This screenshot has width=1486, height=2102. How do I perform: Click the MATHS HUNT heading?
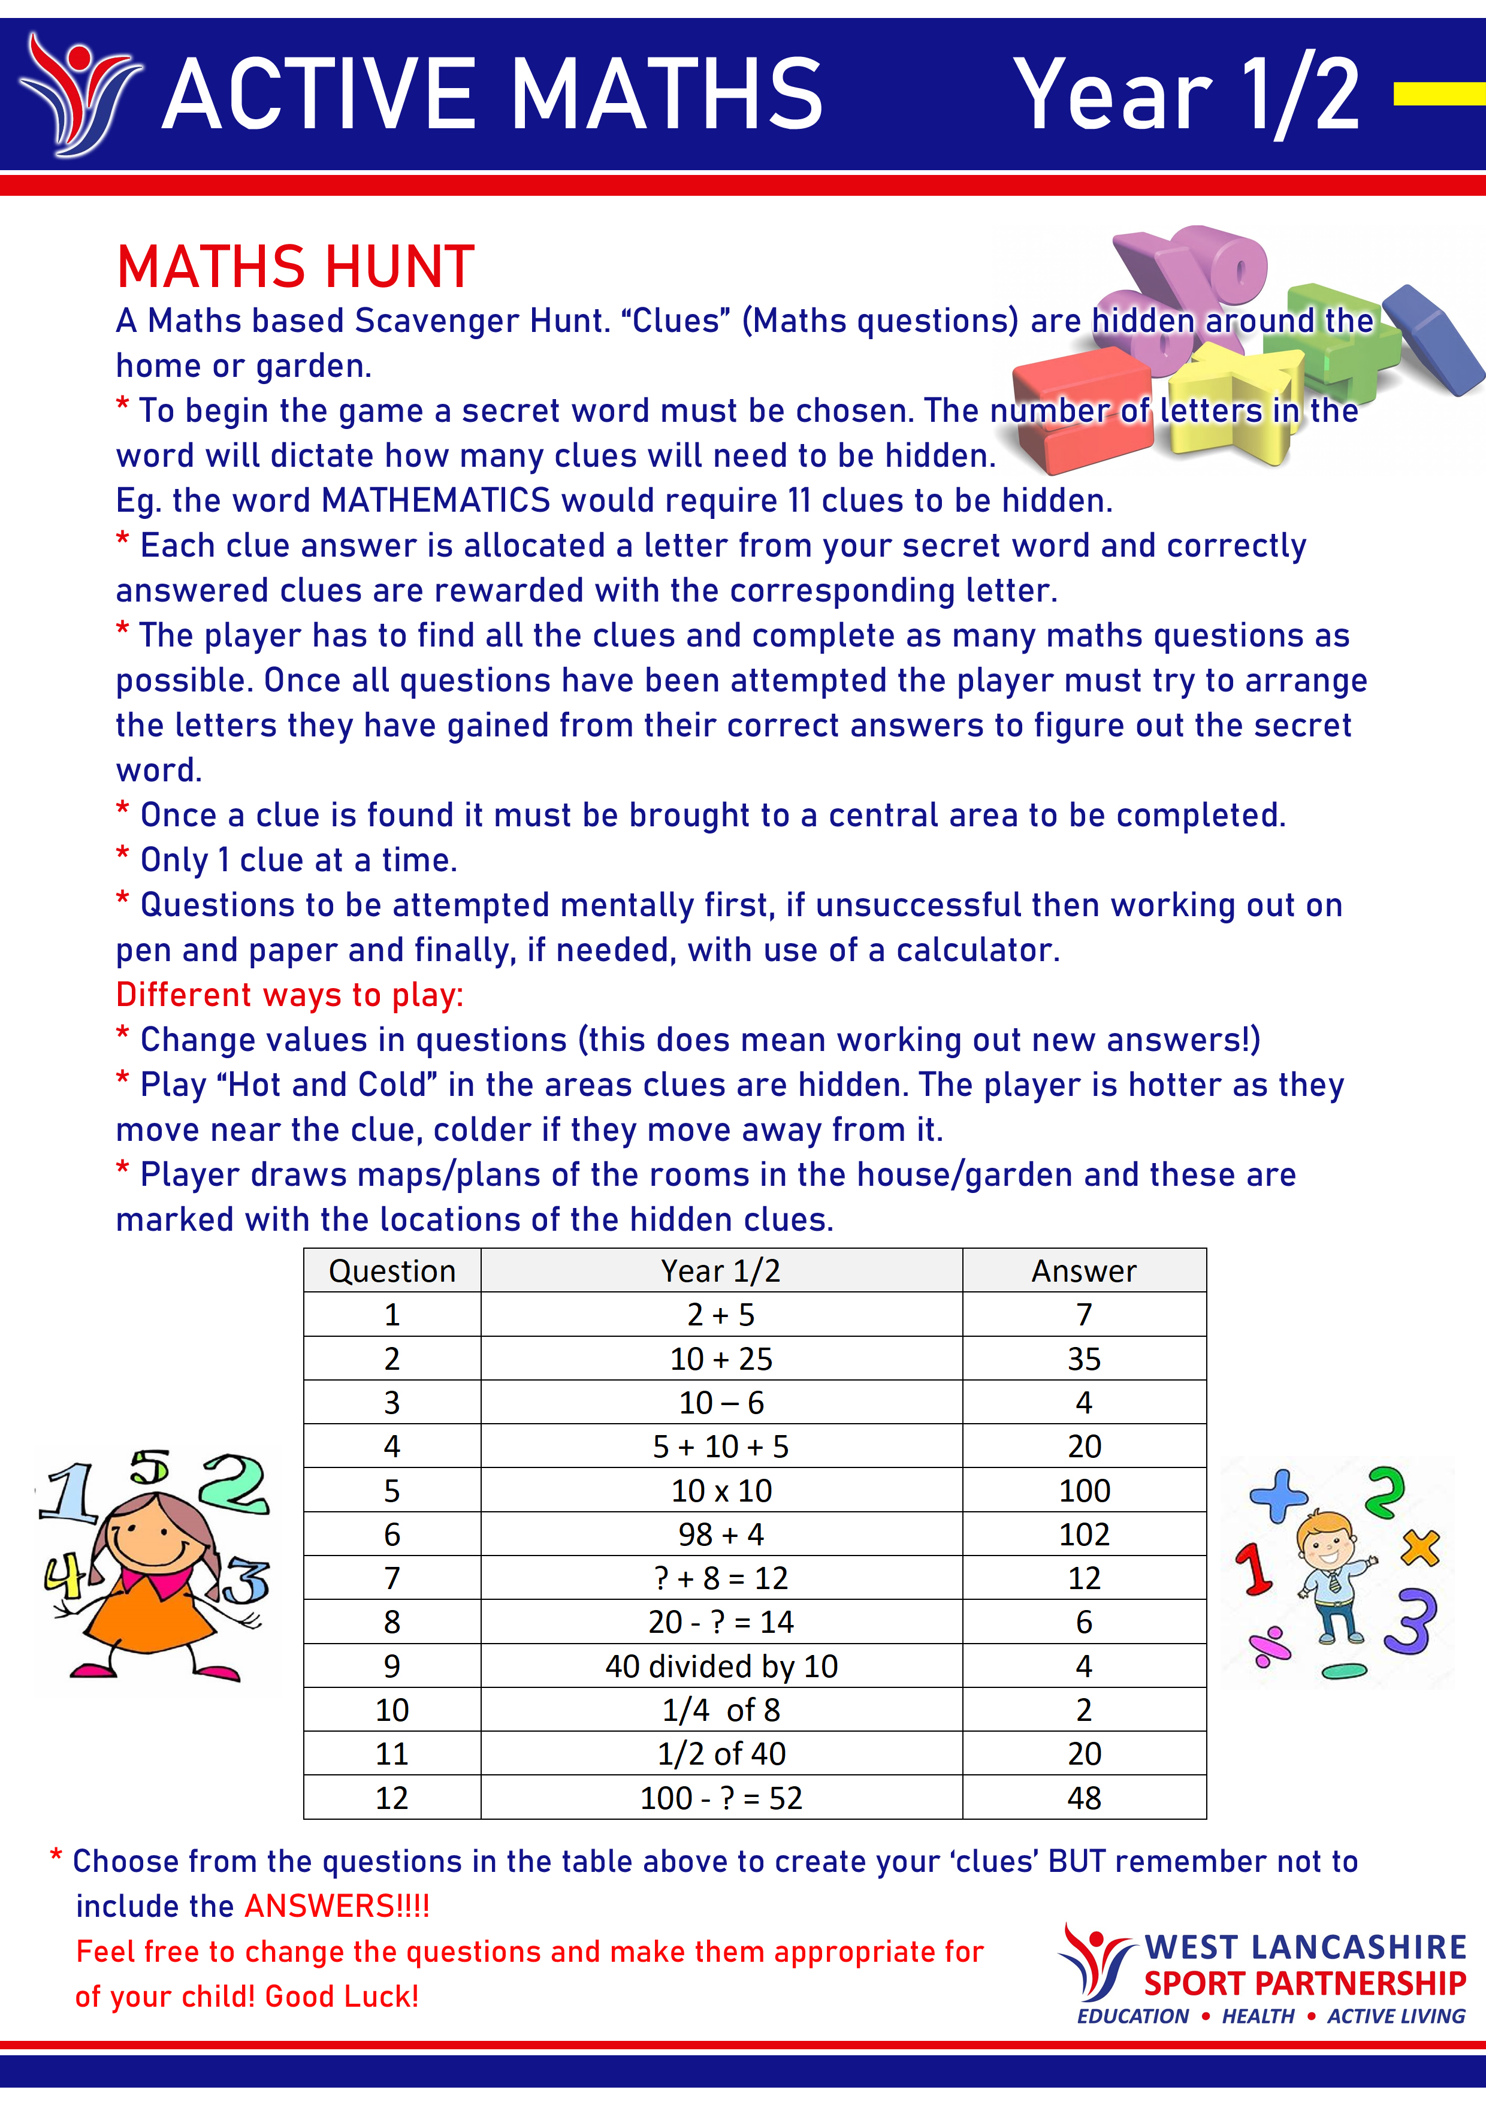[295, 267]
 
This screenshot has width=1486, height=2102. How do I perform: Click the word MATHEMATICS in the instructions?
[436, 501]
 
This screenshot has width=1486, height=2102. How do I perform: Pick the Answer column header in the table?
[1083, 1271]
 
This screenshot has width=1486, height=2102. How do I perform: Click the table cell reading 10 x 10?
[721, 1490]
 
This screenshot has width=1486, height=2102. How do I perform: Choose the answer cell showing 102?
[1083, 1535]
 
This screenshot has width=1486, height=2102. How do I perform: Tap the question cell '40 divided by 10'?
[721, 1666]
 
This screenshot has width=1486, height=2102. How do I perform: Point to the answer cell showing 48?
[1083, 1798]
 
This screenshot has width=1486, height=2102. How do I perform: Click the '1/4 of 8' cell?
[721, 1710]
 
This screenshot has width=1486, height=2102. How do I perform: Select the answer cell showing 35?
[1083, 1358]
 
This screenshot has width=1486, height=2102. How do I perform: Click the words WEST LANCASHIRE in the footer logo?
[1304, 1946]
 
